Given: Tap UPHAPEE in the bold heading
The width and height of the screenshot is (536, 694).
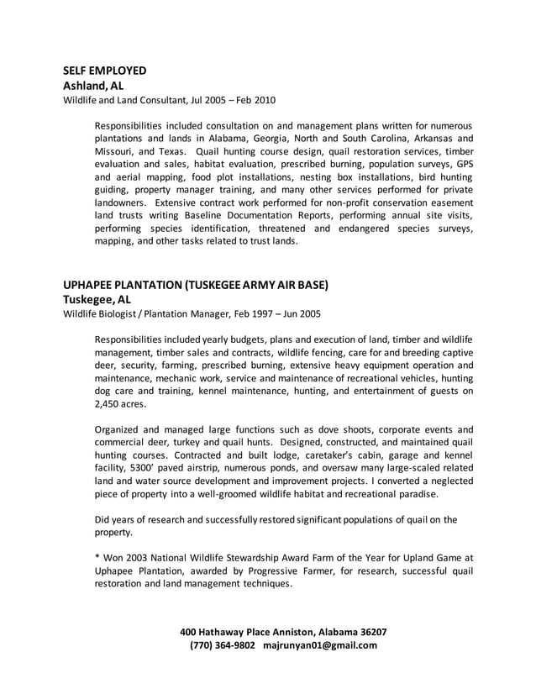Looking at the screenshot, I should click(92, 285).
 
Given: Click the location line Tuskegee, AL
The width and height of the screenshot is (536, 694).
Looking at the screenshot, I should click(97, 299).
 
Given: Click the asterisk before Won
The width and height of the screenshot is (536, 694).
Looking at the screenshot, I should click(97, 558).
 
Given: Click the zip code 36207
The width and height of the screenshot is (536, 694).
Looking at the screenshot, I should click(370, 632).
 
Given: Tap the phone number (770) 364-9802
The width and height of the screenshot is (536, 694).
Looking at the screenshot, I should click(223, 645).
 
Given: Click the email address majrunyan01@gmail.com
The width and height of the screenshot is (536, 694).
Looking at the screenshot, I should click(320, 645).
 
